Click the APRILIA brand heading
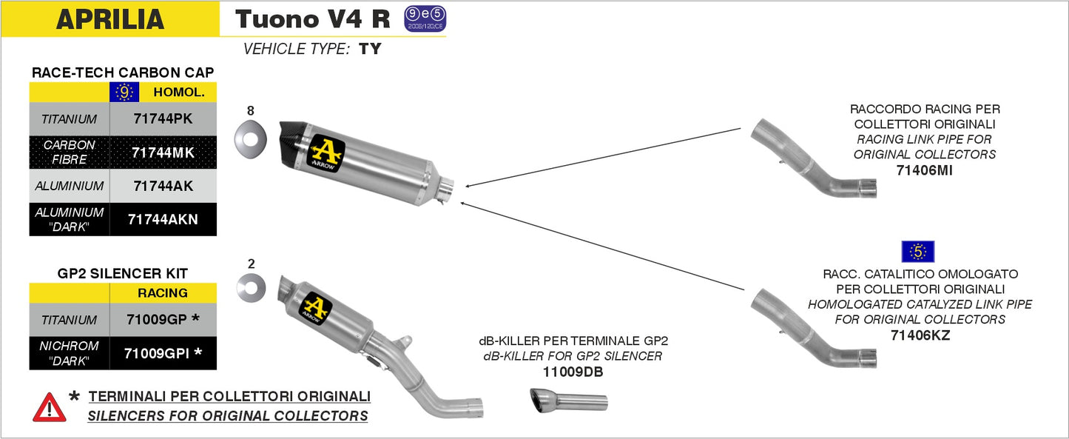click(110, 19)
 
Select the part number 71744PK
click(163, 118)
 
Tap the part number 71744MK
click(163, 153)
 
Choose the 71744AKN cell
click(163, 219)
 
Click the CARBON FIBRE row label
click(69, 153)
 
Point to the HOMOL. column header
click(178, 93)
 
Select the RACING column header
click(163, 293)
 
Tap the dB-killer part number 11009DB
click(573, 372)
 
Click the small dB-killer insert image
click(568, 401)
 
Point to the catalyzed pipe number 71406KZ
click(920, 335)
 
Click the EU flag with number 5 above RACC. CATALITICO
click(917, 252)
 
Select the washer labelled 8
click(250, 138)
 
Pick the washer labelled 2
click(251, 287)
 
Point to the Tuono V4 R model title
click(312, 19)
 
